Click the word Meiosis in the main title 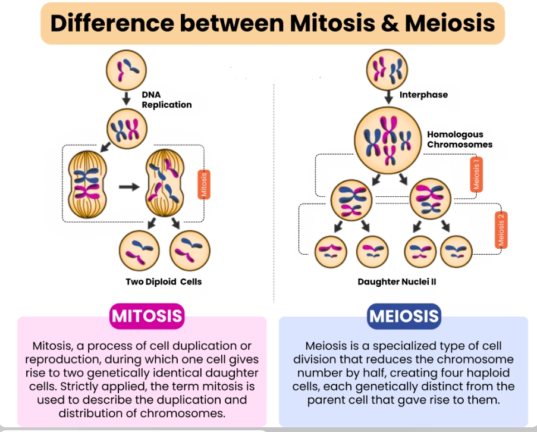pos(450,23)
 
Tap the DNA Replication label pos(167,100)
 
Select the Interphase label pos(423,95)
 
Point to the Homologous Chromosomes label pos(459,139)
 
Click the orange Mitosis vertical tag pos(203,185)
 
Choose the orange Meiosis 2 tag pos(501,229)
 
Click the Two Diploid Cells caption pos(164,281)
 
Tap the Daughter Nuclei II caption pos(397,281)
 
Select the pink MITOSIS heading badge pos(147,315)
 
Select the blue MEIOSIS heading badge pos(404,315)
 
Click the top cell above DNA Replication pos(126,67)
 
